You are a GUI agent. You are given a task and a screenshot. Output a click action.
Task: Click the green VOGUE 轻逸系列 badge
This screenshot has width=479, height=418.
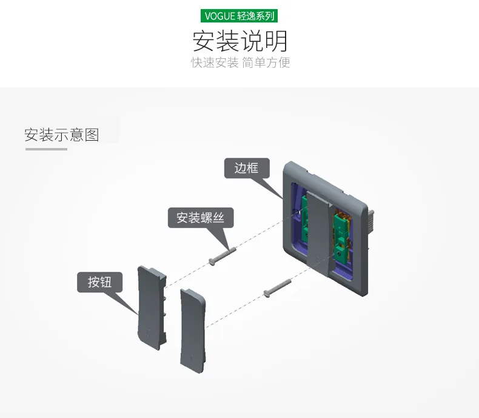[x=239, y=16]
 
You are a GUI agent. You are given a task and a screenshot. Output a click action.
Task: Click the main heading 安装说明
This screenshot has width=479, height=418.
[x=240, y=41]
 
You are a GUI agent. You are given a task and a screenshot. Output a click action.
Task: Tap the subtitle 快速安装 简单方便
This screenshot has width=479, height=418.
[x=241, y=62]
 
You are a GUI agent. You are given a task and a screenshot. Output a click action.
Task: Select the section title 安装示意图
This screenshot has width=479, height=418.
[x=62, y=135]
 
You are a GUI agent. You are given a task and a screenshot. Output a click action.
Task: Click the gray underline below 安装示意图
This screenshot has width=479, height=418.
[x=46, y=149]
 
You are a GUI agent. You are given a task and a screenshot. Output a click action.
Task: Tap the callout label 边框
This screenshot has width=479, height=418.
[x=247, y=168]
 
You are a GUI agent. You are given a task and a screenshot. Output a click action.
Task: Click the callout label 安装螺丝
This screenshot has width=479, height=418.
[x=201, y=218]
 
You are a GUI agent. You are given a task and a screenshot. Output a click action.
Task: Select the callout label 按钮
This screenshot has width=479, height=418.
[x=99, y=282]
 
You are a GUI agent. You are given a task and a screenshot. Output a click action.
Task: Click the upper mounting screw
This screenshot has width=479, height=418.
[x=222, y=256]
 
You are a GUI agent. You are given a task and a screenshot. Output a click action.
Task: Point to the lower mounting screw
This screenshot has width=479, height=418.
[x=277, y=288]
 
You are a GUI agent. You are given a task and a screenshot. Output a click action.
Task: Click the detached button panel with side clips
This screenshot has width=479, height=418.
[x=152, y=308]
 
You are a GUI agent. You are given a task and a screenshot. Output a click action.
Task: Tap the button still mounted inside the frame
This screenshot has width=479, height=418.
[x=318, y=232]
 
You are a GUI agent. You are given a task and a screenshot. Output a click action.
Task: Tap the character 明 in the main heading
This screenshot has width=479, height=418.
[x=276, y=41]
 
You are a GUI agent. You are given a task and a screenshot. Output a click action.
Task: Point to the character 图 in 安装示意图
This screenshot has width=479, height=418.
[x=92, y=135]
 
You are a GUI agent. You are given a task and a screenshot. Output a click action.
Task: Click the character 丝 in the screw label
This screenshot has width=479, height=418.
[x=218, y=218]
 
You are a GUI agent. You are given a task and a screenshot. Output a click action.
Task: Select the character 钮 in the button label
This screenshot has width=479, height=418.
[x=106, y=282]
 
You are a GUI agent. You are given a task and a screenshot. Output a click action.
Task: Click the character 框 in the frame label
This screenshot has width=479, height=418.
[x=253, y=168]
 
